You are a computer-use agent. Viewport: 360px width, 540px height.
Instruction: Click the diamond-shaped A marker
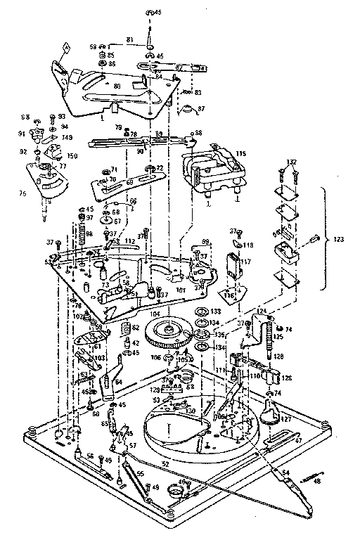click(x=65, y=48)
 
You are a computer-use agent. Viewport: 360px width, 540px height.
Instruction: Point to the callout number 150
click(x=72, y=155)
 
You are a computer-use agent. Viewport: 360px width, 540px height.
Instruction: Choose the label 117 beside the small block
click(x=246, y=261)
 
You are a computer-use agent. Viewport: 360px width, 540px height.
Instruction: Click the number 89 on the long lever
click(x=160, y=134)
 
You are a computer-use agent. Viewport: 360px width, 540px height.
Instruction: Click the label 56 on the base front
click(x=90, y=456)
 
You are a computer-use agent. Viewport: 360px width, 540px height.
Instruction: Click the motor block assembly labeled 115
click(x=211, y=169)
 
